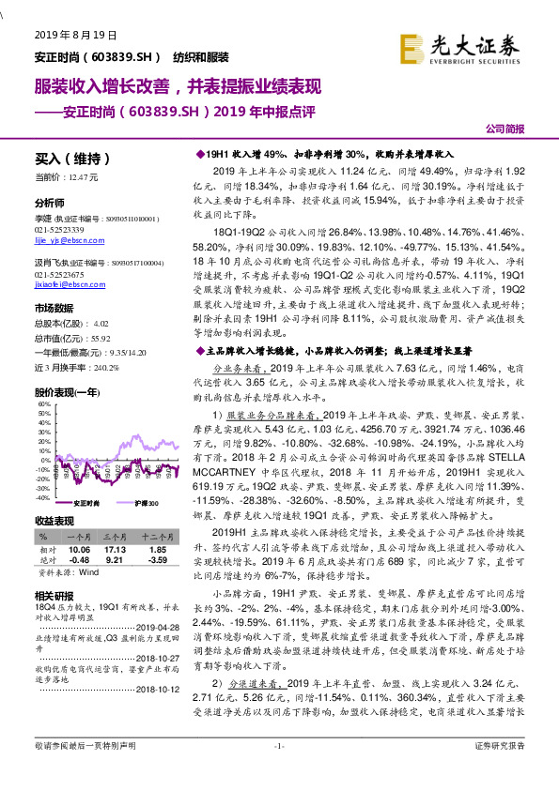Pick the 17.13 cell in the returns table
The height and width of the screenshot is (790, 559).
[x=116, y=550]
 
